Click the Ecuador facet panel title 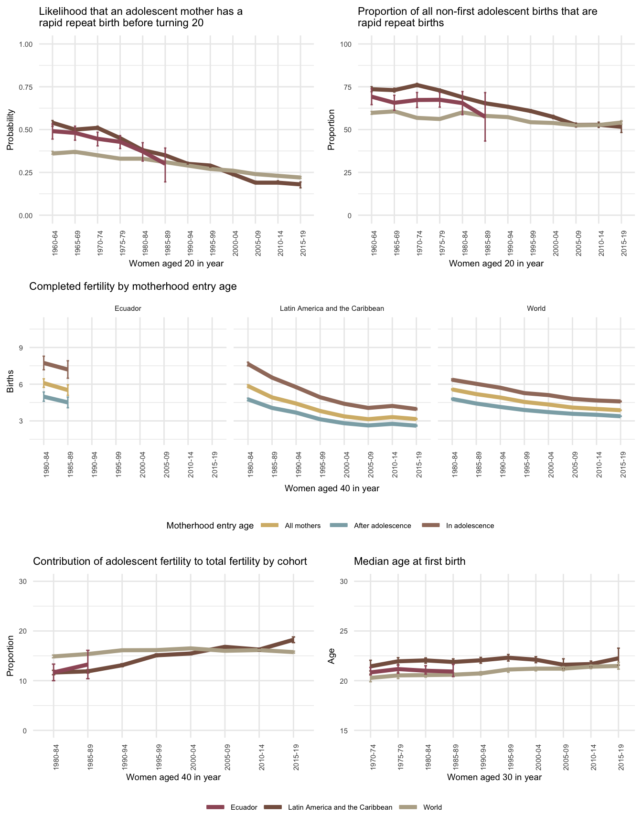[x=128, y=308]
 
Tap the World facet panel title [x=536, y=308]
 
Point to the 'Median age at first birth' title [x=409, y=561]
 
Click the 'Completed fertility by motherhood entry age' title [x=133, y=286]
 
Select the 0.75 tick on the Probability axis [x=25, y=87]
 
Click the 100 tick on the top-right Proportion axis [x=345, y=44]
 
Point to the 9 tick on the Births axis [x=21, y=348]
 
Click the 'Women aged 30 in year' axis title [x=494, y=777]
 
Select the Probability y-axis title [x=11, y=130]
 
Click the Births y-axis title [x=11, y=384]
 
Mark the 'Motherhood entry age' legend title [x=210, y=526]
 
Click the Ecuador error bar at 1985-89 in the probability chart [x=165, y=165]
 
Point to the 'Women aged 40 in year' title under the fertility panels [x=332, y=488]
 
